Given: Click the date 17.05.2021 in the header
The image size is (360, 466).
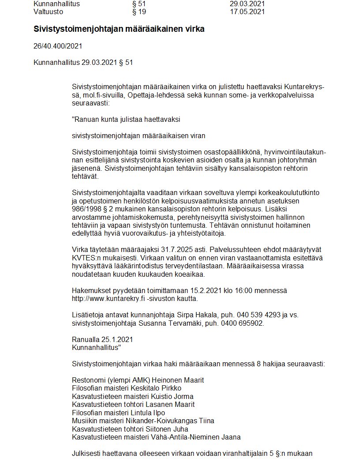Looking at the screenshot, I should pos(247,12).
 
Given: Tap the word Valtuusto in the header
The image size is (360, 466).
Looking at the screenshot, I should pos(48,12).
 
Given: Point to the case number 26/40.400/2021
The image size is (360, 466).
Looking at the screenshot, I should pos(58,46).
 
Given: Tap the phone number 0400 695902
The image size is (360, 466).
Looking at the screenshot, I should pos(243,323).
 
